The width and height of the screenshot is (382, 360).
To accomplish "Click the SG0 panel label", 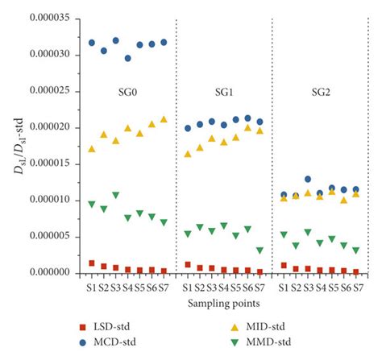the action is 128,93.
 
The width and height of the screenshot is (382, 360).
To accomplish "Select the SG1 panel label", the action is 224,93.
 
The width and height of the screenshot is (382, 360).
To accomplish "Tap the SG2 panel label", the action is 321,93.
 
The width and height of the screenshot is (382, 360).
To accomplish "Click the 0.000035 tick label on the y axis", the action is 50,18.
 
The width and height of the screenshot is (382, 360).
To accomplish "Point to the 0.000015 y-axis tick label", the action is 50,163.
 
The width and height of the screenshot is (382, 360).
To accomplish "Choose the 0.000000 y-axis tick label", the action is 50,272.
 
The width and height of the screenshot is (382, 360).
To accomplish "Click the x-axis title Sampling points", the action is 224,304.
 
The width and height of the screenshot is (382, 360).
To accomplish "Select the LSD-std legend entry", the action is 105,327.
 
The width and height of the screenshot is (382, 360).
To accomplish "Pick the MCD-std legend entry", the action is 108,342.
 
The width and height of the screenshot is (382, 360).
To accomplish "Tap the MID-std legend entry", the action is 258,327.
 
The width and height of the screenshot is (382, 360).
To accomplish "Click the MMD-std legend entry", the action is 261,342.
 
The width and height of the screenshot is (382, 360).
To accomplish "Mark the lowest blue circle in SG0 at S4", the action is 128,58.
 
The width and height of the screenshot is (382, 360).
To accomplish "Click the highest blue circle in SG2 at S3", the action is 308,179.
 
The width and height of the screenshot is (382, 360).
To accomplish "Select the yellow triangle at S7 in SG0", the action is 164,119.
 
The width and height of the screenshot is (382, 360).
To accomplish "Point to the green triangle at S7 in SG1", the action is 260,250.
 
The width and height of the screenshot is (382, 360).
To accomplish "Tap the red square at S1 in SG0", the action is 92,263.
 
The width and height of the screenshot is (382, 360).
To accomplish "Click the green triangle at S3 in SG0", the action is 116,195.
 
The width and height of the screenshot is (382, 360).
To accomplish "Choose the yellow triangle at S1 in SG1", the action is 188,154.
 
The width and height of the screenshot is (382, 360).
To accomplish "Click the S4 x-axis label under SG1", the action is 224,288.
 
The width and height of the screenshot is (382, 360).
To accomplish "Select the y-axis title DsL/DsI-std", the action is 19,147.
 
